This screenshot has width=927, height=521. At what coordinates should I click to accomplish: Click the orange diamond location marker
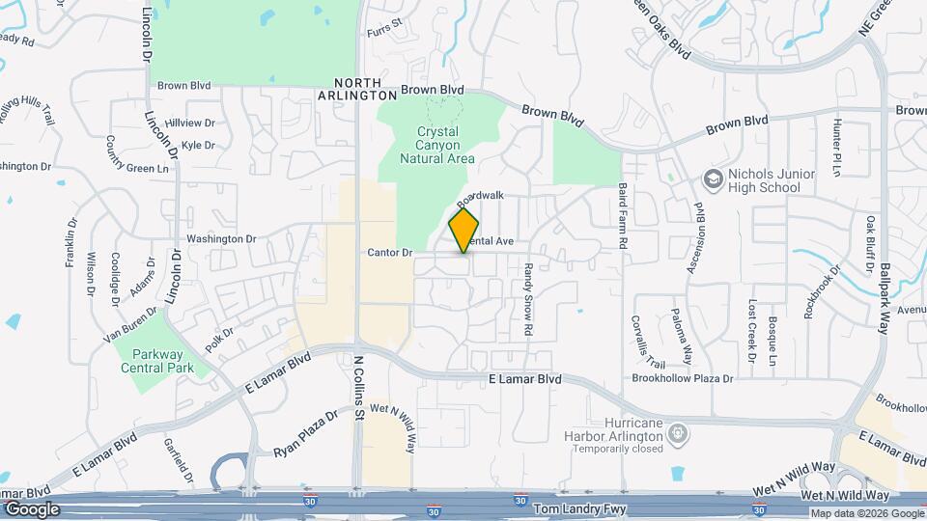click(463, 231)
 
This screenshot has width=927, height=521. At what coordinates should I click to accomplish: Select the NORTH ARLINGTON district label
click(357, 89)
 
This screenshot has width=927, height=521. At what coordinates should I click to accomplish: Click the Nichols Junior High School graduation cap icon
click(713, 179)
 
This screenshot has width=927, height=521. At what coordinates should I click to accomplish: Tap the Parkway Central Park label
click(157, 360)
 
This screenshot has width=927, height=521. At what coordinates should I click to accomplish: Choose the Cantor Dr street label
click(390, 253)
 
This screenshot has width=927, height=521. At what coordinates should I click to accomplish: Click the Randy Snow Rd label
click(528, 301)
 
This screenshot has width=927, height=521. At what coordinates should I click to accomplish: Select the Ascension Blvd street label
click(693, 237)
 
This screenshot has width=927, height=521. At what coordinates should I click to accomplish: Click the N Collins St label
click(357, 387)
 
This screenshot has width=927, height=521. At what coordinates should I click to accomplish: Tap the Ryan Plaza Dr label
click(305, 433)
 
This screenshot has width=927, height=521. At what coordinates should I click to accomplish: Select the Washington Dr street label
click(221, 238)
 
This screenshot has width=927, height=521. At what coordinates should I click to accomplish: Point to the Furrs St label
click(384, 33)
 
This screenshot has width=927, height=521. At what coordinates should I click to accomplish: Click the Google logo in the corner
click(32, 508)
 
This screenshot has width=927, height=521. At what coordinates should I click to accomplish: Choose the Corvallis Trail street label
click(648, 342)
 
